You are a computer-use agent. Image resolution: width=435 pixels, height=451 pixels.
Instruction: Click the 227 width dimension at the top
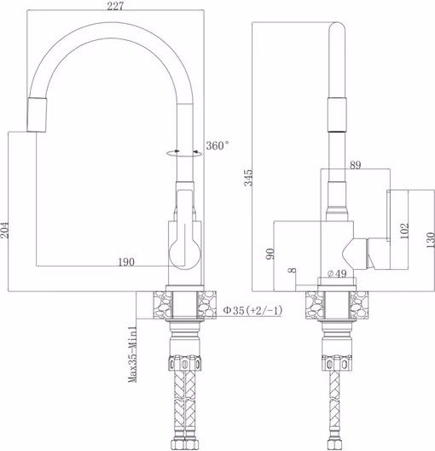(x=115, y=6)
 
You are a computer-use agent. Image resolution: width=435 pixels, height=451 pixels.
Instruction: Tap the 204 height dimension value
(x=4, y=230)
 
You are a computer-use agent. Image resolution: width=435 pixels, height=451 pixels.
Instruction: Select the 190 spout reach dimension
(x=126, y=261)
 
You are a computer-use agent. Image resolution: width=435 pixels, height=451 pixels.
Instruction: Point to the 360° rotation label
(x=217, y=145)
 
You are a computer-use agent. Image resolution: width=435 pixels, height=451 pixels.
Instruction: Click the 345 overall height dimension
(x=249, y=178)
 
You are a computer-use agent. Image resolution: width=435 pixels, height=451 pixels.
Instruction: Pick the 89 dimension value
(x=355, y=165)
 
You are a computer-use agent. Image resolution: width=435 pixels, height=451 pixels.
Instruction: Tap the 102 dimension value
(x=404, y=231)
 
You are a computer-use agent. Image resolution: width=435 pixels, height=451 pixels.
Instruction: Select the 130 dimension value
(x=431, y=240)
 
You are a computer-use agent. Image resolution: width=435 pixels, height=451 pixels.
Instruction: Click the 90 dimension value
(x=270, y=254)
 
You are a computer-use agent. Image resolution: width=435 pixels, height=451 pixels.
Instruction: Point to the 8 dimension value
(x=293, y=271)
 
